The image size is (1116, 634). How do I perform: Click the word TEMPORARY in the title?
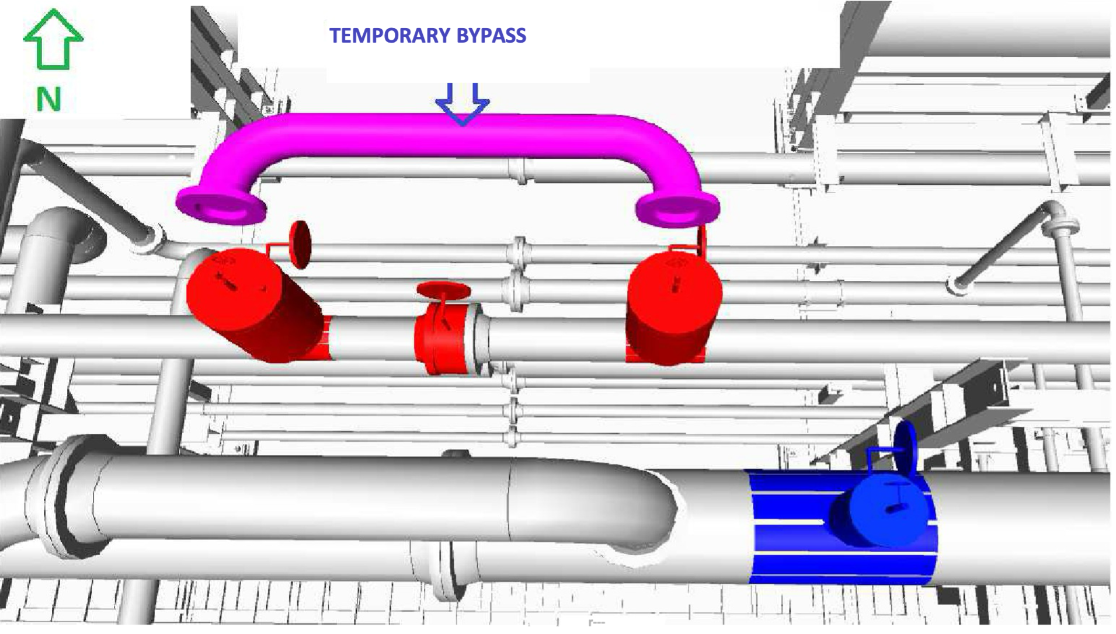390,36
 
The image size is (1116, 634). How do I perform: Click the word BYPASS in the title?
491,36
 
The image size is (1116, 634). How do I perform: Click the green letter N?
48,99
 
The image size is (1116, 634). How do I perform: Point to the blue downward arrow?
463,104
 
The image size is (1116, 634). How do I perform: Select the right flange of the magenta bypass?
677,208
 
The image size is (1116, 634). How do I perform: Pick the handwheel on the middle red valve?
443,290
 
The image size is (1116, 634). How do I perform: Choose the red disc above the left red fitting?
300,244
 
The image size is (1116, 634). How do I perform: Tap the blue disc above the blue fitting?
906,446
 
